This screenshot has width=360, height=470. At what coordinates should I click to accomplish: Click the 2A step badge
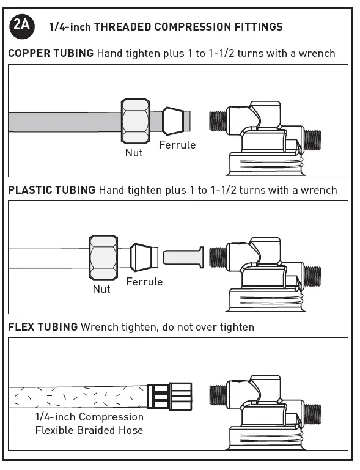(x=23, y=26)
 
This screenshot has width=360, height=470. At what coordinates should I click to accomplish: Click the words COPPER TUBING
(x=51, y=53)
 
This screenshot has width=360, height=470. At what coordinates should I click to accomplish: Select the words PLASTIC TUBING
(x=52, y=190)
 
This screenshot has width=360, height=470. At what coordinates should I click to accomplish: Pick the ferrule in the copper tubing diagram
(x=173, y=120)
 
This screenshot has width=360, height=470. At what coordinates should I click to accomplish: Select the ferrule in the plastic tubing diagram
(x=144, y=257)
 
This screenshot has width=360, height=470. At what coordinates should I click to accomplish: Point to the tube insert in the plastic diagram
(x=183, y=256)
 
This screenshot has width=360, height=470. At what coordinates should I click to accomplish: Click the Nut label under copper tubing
(x=134, y=152)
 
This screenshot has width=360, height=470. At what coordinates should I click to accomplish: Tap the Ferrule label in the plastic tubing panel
(x=144, y=282)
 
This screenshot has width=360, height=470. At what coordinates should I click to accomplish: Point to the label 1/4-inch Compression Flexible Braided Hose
(x=89, y=424)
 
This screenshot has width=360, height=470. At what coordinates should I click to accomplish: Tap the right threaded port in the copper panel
(x=312, y=139)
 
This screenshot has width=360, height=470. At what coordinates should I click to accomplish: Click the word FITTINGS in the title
(x=259, y=26)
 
